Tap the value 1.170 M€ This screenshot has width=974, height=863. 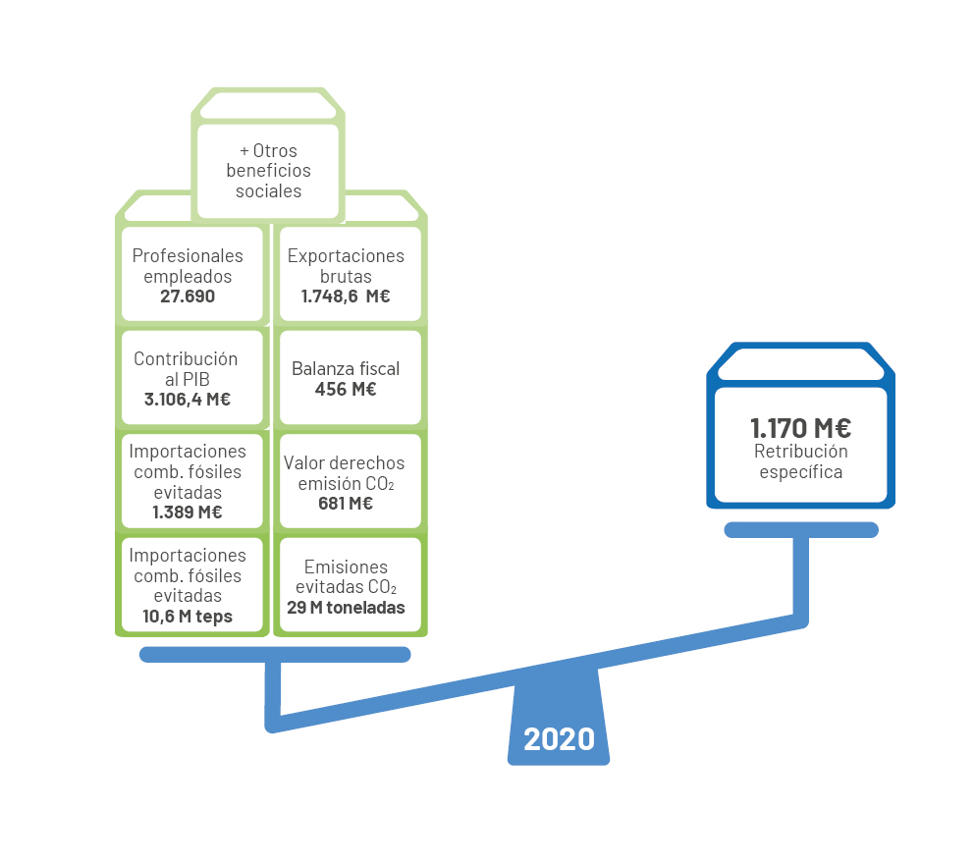point(800,428)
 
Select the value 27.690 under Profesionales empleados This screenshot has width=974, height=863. point(188,297)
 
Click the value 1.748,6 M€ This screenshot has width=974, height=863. point(346,297)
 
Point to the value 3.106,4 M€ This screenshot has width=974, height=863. point(188,400)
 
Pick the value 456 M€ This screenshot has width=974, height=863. point(346,390)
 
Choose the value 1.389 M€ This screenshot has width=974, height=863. point(188,512)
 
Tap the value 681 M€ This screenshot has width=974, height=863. point(346,504)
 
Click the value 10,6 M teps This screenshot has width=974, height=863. point(188,617)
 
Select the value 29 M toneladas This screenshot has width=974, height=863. point(346,607)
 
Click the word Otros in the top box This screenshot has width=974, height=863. point(275,151)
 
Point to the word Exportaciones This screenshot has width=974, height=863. point(346,256)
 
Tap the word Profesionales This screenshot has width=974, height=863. point(188,256)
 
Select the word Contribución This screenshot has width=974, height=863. point(186,359)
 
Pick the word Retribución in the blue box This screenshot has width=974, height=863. point(800,452)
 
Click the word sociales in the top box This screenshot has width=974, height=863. point(268,191)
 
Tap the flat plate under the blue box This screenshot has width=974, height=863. point(801,530)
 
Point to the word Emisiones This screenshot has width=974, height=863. point(346,566)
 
